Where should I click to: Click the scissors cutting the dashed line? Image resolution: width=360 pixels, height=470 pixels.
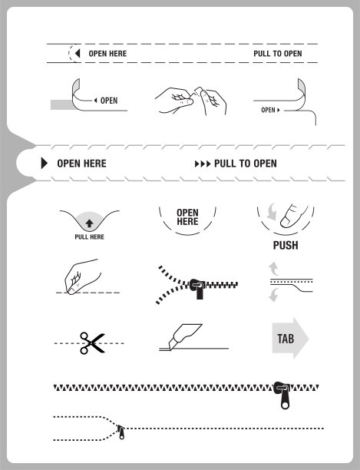click(92, 343)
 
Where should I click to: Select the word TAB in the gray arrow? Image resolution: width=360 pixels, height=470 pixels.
click(286, 339)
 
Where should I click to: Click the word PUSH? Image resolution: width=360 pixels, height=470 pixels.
click(286, 245)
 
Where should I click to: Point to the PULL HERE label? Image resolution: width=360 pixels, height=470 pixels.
click(89, 237)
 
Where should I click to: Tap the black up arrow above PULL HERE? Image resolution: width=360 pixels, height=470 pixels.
click(89, 223)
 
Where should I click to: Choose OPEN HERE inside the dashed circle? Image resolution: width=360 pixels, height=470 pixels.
click(187, 217)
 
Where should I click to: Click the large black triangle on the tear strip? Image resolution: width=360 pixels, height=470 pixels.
click(45, 164)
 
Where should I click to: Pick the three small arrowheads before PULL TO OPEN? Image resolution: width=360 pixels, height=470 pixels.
click(203, 164)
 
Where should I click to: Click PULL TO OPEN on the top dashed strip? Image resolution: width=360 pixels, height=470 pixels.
click(278, 54)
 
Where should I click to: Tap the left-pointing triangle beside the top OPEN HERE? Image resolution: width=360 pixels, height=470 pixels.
click(78, 53)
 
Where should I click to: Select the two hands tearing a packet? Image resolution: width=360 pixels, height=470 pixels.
click(191, 101)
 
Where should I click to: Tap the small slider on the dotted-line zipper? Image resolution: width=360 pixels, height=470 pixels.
click(121, 432)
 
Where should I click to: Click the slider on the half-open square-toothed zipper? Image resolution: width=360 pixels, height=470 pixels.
click(198, 288)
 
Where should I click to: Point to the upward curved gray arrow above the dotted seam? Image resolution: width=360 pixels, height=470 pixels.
click(273, 268)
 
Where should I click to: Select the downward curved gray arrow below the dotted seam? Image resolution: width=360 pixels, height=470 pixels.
click(273, 295)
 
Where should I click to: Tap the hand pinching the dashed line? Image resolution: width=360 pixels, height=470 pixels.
click(81, 276)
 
